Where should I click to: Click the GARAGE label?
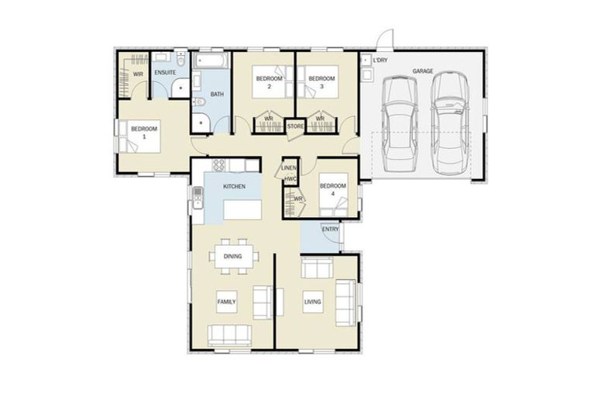click(x=422, y=71)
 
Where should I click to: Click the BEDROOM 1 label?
click(x=144, y=133)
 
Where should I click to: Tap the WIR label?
click(x=138, y=74)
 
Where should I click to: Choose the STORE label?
click(x=295, y=126)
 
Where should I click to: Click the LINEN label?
click(x=289, y=167)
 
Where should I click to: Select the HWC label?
click(x=291, y=179)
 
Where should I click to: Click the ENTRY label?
click(x=331, y=229)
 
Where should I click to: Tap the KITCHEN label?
click(x=234, y=187)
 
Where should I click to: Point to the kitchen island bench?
click(x=242, y=210)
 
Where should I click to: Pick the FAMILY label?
click(x=226, y=302)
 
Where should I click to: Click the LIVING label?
click(x=313, y=302)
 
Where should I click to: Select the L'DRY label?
click(x=380, y=60)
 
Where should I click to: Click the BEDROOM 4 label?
click(x=333, y=189)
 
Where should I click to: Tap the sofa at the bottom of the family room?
click(x=229, y=335)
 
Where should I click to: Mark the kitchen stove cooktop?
click(x=218, y=165)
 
